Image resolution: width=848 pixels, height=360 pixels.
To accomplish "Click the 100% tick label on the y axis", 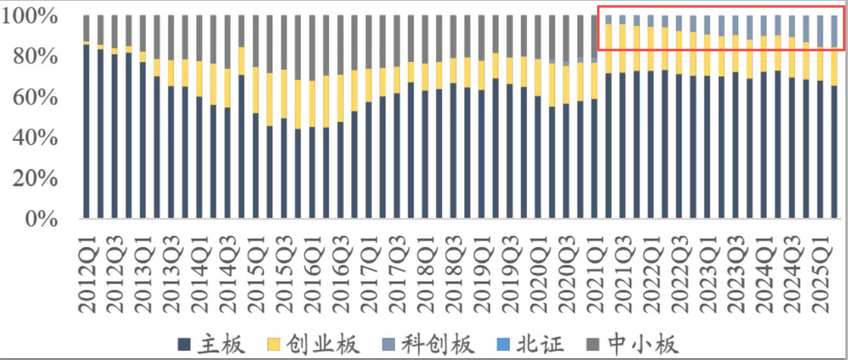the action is (x=30, y=16).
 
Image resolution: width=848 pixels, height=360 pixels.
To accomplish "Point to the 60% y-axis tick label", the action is (x=35, y=98).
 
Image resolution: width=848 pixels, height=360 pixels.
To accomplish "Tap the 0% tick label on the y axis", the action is (x=41, y=219).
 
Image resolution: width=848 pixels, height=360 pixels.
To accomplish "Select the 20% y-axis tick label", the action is (x=35, y=178).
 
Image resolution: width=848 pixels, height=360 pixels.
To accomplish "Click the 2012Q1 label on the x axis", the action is (x=87, y=275).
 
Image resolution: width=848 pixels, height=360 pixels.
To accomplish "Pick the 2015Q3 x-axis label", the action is (x=284, y=275).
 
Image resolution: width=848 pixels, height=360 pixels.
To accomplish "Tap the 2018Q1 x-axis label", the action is (x=426, y=275).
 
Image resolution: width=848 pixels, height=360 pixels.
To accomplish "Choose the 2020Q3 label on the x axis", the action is (x=567, y=275).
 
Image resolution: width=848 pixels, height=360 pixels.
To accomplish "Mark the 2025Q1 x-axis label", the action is (x=822, y=275).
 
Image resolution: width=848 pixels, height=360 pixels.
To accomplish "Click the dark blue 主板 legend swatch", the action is (x=184, y=345).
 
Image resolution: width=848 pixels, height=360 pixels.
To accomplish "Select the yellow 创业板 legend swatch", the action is (x=273, y=345).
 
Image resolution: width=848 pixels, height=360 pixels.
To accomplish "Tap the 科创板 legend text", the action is (x=437, y=344).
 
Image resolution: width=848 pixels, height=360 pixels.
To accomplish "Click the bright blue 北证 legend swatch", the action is (x=503, y=345).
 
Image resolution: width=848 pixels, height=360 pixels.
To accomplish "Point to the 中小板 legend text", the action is (x=642, y=344).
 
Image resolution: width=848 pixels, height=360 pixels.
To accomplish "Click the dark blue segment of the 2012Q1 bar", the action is (x=86, y=132).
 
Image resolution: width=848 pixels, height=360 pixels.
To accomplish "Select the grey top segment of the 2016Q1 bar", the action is (x=313, y=47).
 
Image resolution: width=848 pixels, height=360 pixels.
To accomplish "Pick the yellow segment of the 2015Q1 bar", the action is (x=256, y=90).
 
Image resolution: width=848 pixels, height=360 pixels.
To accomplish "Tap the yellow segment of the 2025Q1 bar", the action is (x=820, y=64).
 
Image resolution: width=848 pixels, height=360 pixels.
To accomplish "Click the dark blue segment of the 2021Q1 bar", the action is (x=594, y=159).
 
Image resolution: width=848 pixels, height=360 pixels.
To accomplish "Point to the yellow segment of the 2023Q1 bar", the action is (x=707, y=55).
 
